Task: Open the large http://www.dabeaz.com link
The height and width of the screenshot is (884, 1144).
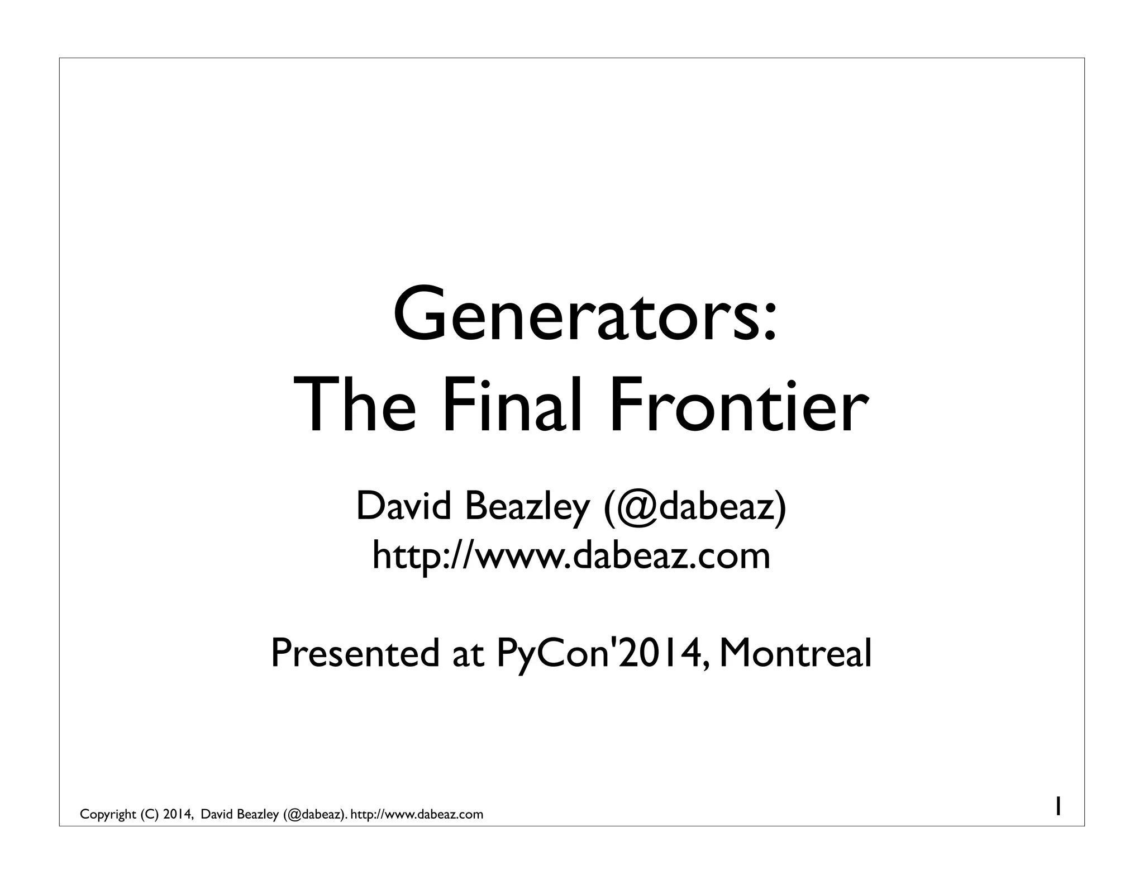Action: tap(571, 555)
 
